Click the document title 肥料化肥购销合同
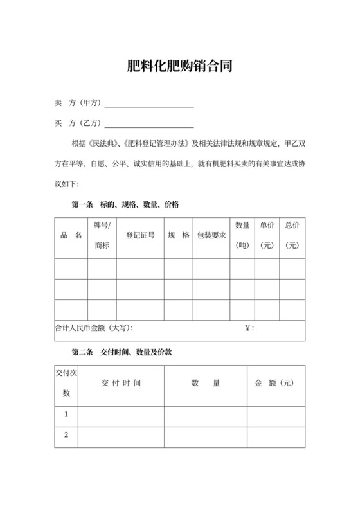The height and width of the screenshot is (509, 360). tap(179, 66)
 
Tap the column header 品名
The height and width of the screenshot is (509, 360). tap(71, 235)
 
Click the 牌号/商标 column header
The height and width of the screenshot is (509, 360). tap(102, 235)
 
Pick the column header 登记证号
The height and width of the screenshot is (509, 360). tap(140, 235)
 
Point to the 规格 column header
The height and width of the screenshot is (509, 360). tap(178, 235)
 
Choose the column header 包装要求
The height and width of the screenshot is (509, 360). tap(212, 235)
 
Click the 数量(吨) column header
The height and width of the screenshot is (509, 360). tap(242, 235)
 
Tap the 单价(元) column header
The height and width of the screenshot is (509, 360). tap(267, 235)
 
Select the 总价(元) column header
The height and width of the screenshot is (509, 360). tap(292, 235)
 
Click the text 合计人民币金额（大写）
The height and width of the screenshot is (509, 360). tap(94, 328)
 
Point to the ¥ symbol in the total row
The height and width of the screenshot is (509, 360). tap(248, 328)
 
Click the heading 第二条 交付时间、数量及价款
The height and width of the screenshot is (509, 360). tap(122, 353)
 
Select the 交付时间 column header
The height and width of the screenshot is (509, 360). tap(121, 383)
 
